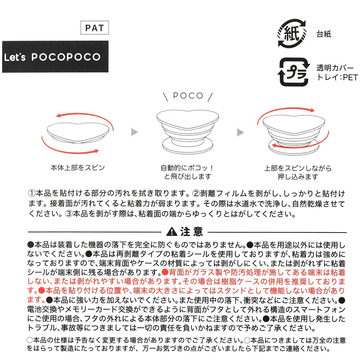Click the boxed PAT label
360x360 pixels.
pos(94,28)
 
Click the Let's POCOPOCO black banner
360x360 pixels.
pos(55,57)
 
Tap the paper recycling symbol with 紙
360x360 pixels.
pos(292,33)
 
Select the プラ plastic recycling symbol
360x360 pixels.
pos(294,72)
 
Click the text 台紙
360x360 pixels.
pos(324,34)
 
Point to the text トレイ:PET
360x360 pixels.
pos(337,77)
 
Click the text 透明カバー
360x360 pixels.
pos(335,68)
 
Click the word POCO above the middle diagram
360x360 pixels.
pos(188,95)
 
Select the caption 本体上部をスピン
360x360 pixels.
pos(78,168)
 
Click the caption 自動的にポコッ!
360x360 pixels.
pos(187,168)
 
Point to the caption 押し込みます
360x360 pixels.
pos(298,177)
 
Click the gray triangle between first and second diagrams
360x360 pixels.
pos(134,132)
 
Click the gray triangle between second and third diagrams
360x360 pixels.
pos(240,132)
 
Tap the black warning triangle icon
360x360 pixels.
pos(171,231)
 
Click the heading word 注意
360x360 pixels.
pos(192,231)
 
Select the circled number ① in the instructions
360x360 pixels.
pos(32,193)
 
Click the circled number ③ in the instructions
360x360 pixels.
pos(68,214)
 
